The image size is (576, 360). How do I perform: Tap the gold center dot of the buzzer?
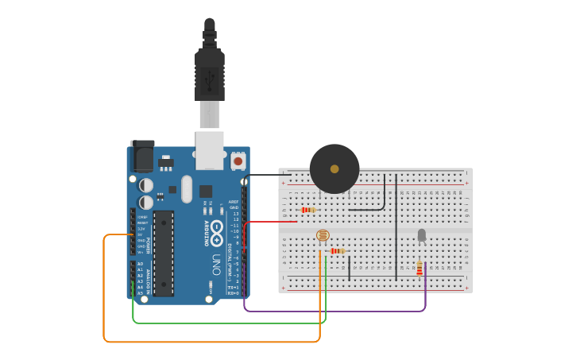(334, 168)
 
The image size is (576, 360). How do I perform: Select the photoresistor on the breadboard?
(323, 235)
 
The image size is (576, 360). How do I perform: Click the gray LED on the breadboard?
(421, 234)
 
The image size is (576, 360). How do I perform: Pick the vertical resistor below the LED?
(419, 269)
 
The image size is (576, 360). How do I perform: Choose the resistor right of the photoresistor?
(337, 251)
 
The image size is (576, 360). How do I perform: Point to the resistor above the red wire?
(308, 210)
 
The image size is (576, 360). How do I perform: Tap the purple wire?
(334, 310)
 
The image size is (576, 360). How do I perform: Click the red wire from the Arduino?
(270, 222)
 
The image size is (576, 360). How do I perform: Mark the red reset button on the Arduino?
(238, 161)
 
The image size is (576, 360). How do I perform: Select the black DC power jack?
(142, 156)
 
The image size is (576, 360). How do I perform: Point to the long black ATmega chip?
(164, 254)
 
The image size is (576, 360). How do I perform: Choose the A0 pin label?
(141, 264)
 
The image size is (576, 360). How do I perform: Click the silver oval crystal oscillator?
(187, 189)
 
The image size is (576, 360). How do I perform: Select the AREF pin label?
(234, 202)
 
